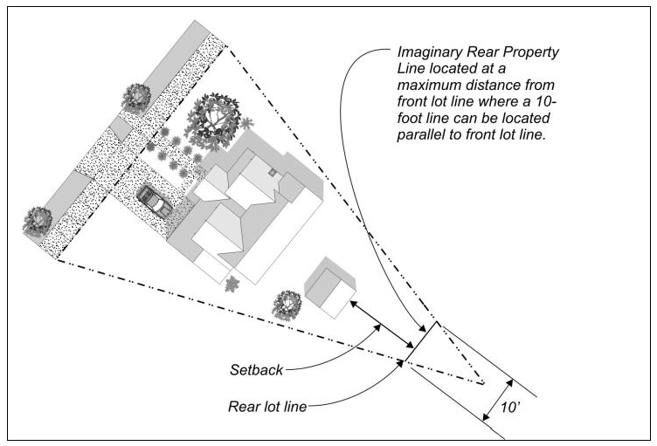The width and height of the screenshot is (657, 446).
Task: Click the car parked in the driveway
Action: click(154, 201)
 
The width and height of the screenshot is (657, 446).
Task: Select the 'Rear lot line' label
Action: click(266, 406)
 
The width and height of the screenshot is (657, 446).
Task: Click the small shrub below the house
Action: click(233, 283)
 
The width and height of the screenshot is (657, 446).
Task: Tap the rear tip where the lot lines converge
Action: click(482, 383)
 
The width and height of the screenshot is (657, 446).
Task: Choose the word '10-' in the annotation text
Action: click(549, 101)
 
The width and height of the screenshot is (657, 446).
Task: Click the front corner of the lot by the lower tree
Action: click(59, 257)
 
